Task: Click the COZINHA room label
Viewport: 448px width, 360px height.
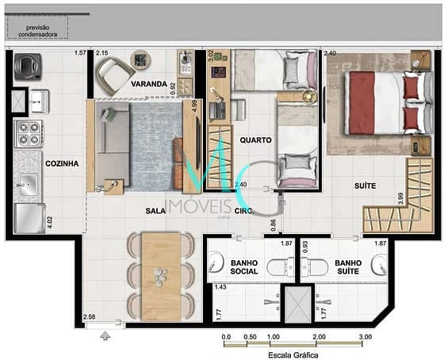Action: tap(63, 164)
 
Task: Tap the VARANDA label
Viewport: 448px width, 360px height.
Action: tap(150, 84)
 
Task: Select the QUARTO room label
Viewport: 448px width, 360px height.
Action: tap(256, 140)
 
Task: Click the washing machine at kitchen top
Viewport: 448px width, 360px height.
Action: tap(28, 67)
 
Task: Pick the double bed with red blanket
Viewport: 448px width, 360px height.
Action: tap(379, 102)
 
